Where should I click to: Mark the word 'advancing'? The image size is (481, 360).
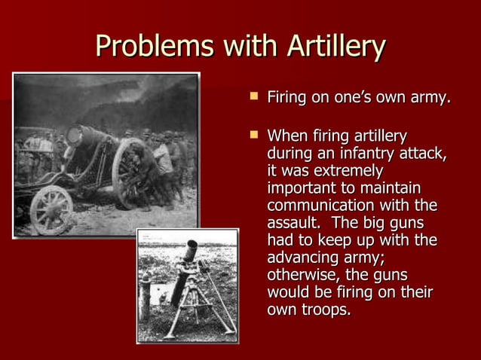(303, 258)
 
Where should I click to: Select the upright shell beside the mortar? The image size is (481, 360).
(146, 297)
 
